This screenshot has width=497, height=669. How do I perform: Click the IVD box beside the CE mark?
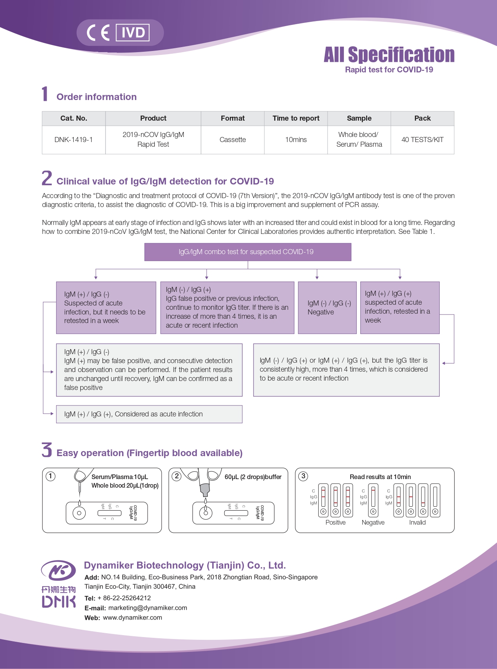(133, 33)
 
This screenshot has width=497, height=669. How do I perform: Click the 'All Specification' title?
(389, 55)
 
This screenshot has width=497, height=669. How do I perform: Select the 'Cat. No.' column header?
(74, 118)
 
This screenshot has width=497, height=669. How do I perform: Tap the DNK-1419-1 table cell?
(74, 140)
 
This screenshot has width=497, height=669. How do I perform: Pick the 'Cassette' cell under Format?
(233, 140)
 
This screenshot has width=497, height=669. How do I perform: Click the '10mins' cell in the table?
(296, 140)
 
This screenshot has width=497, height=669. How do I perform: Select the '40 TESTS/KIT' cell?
(422, 140)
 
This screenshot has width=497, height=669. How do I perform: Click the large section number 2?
(47, 178)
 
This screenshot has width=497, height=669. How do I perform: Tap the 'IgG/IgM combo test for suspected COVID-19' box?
(248, 252)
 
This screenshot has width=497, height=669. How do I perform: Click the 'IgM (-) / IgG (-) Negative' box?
(327, 307)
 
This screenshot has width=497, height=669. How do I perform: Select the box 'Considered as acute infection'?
(149, 414)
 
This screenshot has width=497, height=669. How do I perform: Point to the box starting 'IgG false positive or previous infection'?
(227, 307)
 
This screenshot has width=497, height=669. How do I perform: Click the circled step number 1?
(51, 476)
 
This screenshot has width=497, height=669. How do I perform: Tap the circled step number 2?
(177, 476)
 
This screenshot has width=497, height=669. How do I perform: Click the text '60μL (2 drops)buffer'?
(253, 477)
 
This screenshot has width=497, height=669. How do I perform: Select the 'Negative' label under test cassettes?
(373, 523)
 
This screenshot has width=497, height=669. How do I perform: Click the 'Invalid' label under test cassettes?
(417, 523)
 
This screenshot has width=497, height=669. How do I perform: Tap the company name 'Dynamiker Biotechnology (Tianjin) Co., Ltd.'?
(185, 565)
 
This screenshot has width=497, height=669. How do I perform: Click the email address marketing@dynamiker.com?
(148, 608)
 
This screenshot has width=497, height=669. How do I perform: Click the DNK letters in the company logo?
(59, 602)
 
